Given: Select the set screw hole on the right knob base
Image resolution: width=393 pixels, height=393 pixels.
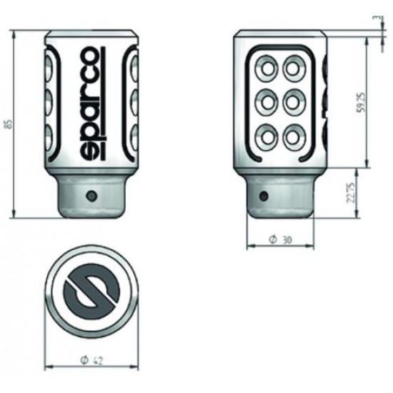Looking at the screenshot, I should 264,194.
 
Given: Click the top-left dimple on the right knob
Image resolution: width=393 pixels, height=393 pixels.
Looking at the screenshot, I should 269,69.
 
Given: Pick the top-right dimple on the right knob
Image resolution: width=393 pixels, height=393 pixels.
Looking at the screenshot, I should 293,69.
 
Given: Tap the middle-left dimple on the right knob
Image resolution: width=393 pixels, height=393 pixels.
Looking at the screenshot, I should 269,101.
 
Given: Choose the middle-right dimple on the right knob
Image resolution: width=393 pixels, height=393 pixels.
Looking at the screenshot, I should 293,101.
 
